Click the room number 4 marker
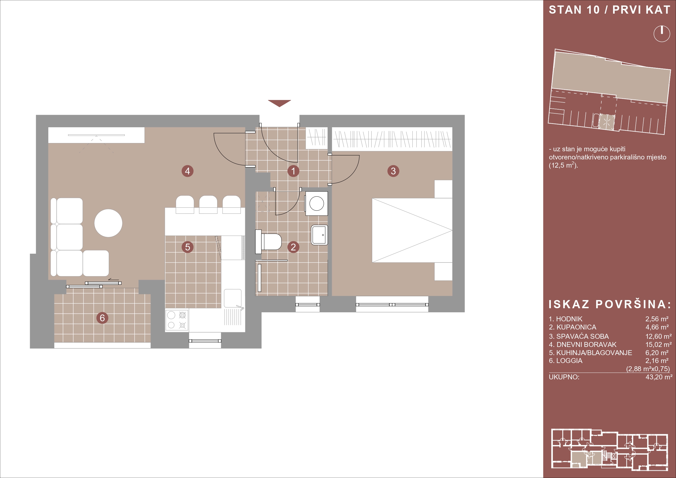click(187, 171)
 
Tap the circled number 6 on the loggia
click(102, 318)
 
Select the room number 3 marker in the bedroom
click(393, 171)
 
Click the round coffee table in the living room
click(108, 223)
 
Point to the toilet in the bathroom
click(268, 242)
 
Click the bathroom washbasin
click(319, 235)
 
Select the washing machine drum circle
click(317, 203)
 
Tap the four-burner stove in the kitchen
click(177, 320)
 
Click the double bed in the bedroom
click(412, 230)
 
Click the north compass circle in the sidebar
click(662, 34)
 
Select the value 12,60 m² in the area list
click(659, 336)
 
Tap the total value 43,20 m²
click(659, 377)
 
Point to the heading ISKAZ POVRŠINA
click(610, 304)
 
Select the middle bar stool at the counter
click(208, 204)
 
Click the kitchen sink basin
click(233, 298)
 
